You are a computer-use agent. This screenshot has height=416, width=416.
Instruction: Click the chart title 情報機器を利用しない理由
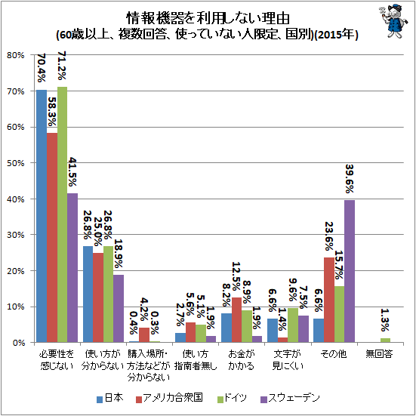coord(208,19)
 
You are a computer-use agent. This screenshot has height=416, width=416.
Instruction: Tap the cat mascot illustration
coord(393,20)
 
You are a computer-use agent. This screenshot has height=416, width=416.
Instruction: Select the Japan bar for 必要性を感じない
coord(42,216)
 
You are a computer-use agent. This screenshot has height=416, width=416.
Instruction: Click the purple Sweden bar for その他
coord(350,271)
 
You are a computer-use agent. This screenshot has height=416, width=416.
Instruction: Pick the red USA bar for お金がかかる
coord(236,320)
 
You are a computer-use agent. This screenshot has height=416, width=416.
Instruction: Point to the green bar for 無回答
coord(385,340)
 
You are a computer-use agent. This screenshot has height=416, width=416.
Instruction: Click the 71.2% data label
coord(62,66)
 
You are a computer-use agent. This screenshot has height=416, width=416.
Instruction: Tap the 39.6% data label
coord(350,179)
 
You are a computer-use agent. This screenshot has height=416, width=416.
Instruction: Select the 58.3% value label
coord(52,112)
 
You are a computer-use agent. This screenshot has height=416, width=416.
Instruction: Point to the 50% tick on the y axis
coord(16,163)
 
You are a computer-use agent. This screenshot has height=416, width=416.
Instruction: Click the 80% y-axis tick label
coord(16,55)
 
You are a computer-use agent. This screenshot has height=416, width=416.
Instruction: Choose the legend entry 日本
coord(109,398)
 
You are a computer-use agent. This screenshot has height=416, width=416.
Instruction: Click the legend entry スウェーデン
coord(290,398)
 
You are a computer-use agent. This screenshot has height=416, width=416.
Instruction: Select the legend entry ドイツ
coord(232,398)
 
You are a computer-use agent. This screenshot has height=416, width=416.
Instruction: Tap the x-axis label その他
coord(334,353)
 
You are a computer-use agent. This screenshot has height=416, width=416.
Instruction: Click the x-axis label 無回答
coord(379,353)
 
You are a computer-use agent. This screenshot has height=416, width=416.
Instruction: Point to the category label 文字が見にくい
coord(288,360)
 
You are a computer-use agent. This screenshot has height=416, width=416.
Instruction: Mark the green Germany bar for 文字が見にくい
coord(293,325)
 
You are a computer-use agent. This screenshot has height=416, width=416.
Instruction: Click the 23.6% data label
coord(329,236)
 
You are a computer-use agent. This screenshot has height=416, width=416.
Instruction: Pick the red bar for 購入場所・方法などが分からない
coord(144,335)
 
